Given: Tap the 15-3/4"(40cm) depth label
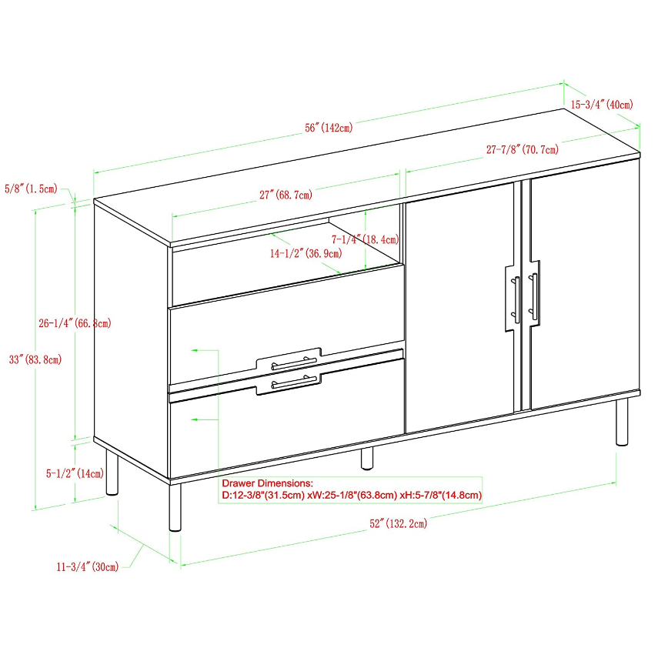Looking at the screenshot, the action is pyautogui.click(x=602, y=104).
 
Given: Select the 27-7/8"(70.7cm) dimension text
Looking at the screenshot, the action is pyautogui.click(x=523, y=149).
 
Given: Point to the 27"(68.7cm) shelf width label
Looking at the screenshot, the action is pyautogui.click(x=286, y=195).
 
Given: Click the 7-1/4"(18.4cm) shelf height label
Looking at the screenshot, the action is pyautogui.click(x=365, y=239).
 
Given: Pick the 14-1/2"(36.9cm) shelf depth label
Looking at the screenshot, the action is pyautogui.click(x=306, y=253).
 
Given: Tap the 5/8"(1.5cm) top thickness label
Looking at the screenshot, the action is pyautogui.click(x=31, y=189).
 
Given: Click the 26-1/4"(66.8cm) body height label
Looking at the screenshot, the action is pyautogui.click(x=75, y=323).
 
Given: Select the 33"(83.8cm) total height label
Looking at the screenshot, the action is pyautogui.click(x=35, y=359).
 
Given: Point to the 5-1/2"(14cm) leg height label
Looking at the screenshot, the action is pyautogui.click(x=75, y=474).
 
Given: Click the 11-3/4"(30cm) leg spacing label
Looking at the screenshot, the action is pyautogui.click(x=88, y=567).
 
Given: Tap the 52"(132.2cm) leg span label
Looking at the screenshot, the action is pyautogui.click(x=398, y=523).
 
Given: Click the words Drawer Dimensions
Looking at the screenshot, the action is pyautogui.click(x=267, y=483).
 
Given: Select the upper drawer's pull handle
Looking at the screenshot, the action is pyautogui.click(x=294, y=362).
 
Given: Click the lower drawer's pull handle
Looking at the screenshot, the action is pyautogui.click(x=294, y=382).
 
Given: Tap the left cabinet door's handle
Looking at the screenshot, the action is pyautogui.click(x=516, y=299).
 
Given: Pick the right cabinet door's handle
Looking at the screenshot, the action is pyautogui.click(x=533, y=297).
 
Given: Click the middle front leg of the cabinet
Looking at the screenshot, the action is pyautogui.click(x=367, y=458).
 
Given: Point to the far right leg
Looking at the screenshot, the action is pyautogui.click(x=622, y=421).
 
